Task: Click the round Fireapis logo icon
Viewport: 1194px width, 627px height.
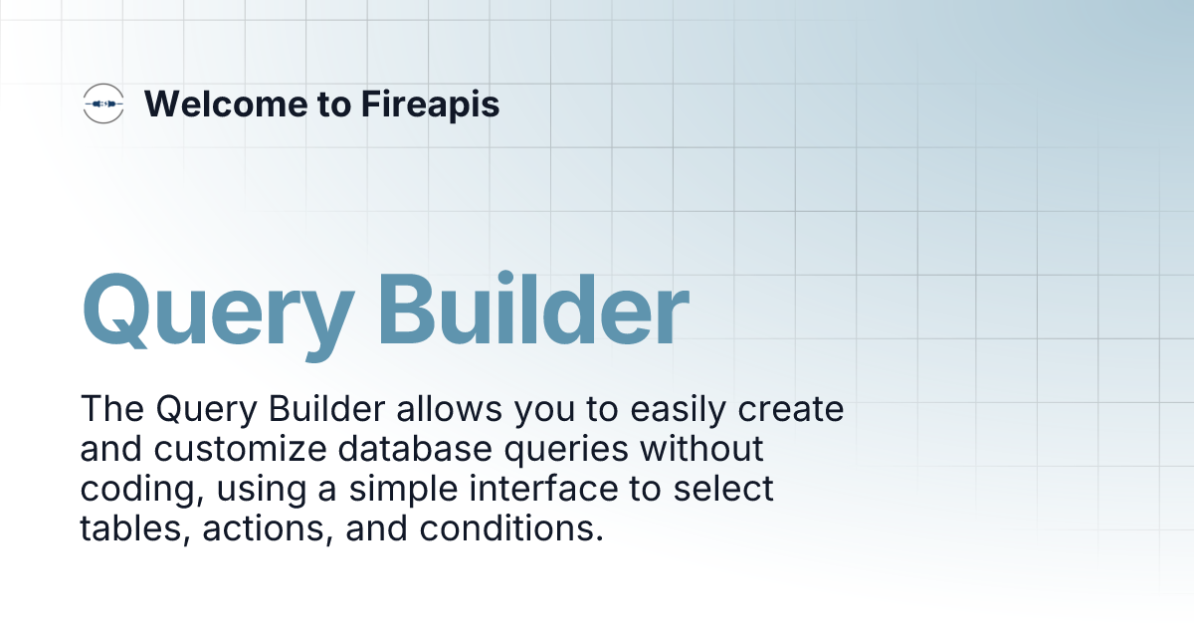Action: click(103, 104)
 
